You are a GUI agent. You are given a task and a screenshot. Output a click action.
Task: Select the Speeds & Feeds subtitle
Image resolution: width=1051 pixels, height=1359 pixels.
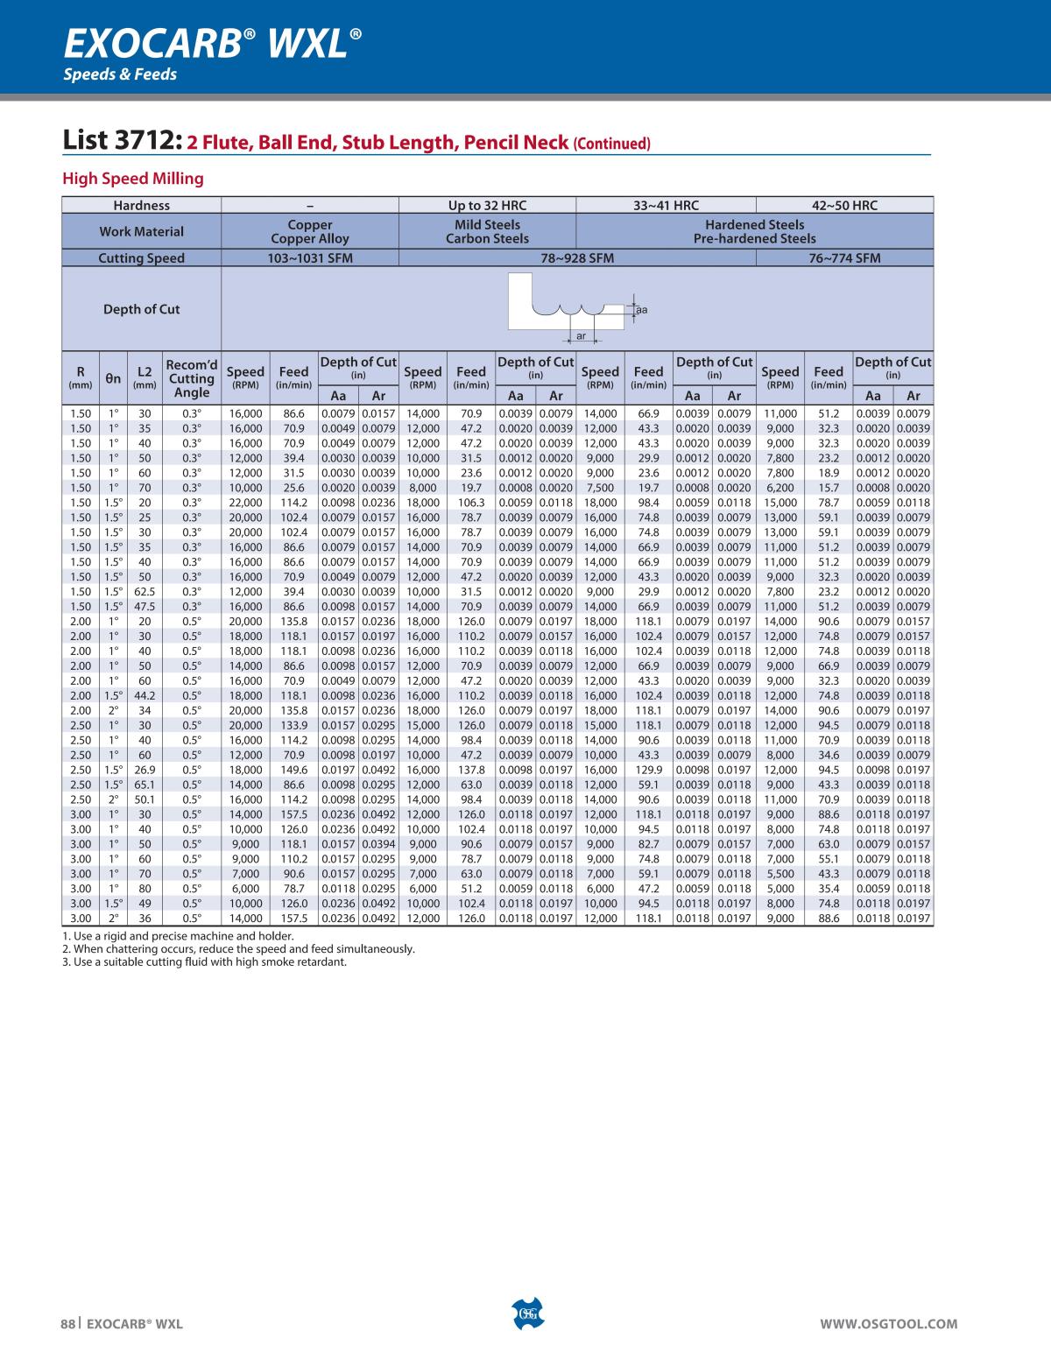click(119, 74)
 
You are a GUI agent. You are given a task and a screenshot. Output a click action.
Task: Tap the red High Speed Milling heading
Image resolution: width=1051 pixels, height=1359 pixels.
click(132, 179)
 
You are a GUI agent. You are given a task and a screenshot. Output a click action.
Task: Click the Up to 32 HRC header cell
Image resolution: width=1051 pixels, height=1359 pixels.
click(487, 206)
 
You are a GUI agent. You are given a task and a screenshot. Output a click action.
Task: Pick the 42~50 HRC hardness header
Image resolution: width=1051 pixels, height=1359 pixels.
click(844, 206)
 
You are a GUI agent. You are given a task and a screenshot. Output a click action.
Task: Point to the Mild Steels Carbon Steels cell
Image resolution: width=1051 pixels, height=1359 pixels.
click(487, 231)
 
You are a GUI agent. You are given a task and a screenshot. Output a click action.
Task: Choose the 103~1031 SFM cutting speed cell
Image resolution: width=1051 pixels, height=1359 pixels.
click(309, 258)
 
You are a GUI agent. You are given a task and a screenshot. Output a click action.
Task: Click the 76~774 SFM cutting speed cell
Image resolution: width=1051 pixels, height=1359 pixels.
click(844, 258)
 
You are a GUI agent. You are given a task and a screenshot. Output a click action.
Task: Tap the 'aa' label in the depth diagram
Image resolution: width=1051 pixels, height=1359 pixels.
click(641, 310)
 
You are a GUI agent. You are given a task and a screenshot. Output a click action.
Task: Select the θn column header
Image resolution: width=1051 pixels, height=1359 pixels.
click(113, 378)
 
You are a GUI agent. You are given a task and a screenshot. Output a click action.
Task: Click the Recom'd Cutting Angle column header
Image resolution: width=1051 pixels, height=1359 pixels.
click(192, 378)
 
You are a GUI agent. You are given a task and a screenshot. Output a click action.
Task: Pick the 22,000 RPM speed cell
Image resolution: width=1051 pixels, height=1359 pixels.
click(245, 503)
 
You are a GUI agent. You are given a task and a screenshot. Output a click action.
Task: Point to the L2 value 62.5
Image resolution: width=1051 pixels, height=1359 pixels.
click(145, 592)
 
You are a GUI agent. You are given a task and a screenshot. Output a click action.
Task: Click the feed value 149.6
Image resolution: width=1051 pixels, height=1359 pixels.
click(293, 770)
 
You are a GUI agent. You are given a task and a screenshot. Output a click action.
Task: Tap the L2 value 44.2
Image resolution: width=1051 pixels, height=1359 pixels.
click(145, 695)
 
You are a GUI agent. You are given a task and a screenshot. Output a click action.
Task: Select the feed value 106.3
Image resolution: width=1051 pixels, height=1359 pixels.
click(471, 503)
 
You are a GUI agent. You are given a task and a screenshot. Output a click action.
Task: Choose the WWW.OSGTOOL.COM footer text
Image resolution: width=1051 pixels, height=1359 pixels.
click(888, 1325)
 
